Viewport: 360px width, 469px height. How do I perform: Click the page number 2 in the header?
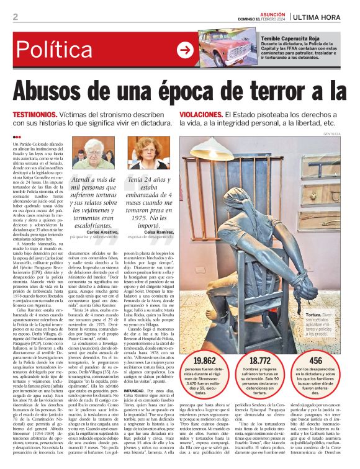15,17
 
